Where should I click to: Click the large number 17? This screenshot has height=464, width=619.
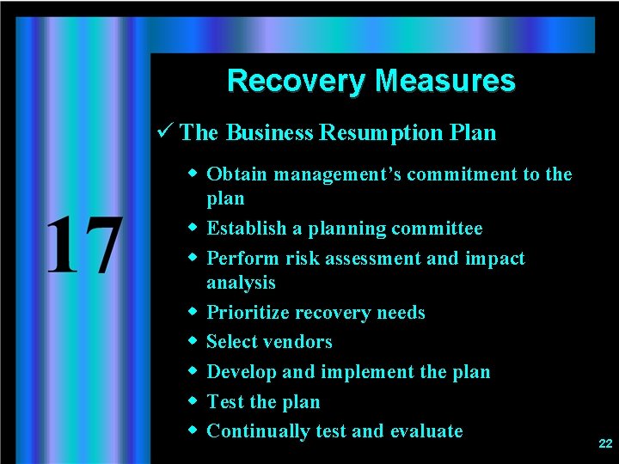(83, 245)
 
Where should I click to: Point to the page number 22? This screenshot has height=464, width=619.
(605, 443)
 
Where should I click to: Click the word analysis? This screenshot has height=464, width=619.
(241, 283)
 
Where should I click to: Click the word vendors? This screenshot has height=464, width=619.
(298, 342)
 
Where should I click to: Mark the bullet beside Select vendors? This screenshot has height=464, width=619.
(193, 341)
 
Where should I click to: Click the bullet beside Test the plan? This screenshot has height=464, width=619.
(193, 401)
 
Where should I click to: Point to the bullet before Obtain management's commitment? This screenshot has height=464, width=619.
(193, 174)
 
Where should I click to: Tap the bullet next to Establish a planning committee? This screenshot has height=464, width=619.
(193, 228)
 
